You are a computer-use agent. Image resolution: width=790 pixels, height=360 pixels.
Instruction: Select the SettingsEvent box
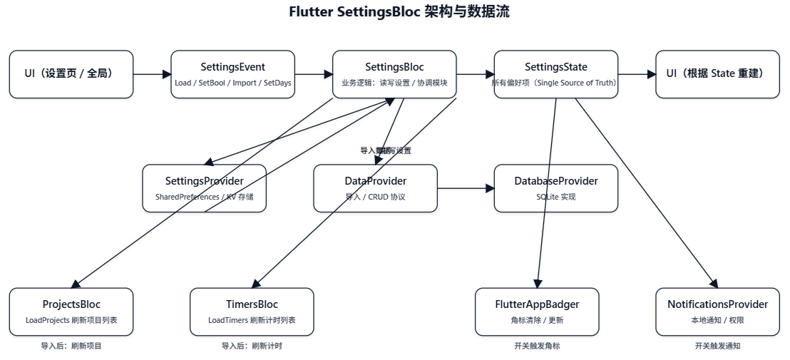[232, 74]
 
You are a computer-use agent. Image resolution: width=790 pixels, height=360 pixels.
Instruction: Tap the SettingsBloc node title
[394, 67]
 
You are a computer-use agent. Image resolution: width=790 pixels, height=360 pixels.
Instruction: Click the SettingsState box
[555, 74]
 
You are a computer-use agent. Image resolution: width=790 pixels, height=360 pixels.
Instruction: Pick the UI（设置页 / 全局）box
[71, 74]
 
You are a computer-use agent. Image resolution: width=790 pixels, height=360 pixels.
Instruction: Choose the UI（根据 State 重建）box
[717, 74]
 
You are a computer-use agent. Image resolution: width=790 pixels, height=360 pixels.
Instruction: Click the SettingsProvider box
[204, 188]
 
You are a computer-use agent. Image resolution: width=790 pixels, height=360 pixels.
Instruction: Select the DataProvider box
[375, 188]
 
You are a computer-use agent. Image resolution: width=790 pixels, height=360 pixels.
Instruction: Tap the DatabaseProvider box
[555, 188]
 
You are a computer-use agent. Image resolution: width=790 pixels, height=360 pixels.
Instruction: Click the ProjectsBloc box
[71, 312]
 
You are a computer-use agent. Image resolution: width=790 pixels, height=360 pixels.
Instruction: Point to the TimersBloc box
[252, 312]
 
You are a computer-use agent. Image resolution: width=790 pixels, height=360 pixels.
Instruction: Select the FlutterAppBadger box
[537, 312]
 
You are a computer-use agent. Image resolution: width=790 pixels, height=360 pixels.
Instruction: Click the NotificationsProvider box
[717, 312]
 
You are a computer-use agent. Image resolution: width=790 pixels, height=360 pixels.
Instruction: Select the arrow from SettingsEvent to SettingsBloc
[313, 74]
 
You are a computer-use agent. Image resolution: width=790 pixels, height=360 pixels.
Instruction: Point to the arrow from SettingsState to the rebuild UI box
[636, 74]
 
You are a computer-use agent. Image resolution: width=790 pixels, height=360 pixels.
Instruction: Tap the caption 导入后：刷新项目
[71, 346]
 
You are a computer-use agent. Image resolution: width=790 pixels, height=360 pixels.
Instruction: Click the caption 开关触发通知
[717, 346]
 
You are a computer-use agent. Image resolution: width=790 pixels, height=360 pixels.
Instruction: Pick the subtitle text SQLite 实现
[555, 197]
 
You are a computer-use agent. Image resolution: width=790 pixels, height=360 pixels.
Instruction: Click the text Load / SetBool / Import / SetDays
[232, 83]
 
